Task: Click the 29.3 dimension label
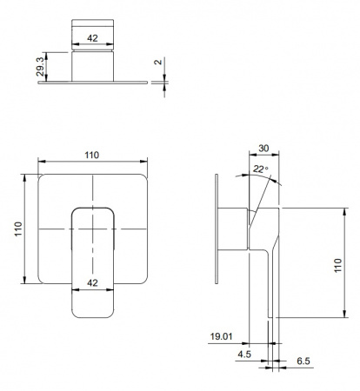click(40, 67)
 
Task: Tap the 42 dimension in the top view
click(92, 38)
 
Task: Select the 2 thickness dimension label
click(158, 62)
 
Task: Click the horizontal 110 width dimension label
click(92, 155)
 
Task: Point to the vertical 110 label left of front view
click(18, 229)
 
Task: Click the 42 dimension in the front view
click(92, 282)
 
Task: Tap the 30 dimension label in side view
click(263, 149)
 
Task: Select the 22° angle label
click(261, 169)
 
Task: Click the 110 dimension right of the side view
click(338, 265)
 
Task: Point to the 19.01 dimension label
click(221, 336)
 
